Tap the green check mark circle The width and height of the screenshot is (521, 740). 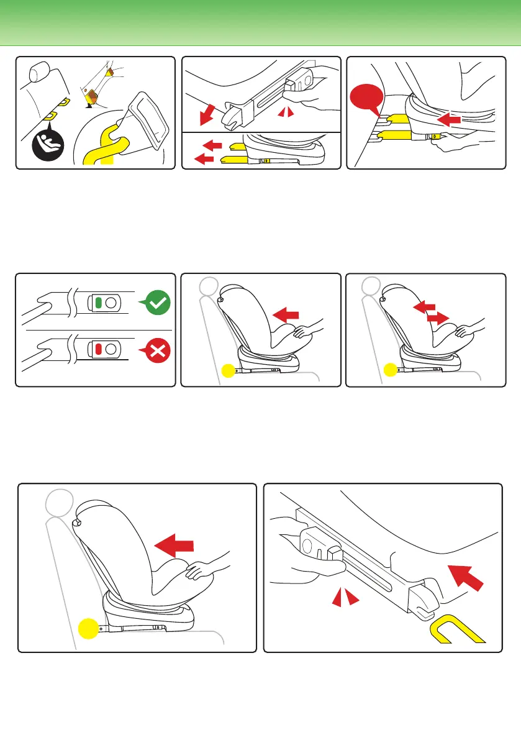[158, 303]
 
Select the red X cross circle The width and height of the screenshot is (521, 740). [158, 352]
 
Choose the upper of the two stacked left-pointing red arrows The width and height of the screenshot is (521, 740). [212, 145]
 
